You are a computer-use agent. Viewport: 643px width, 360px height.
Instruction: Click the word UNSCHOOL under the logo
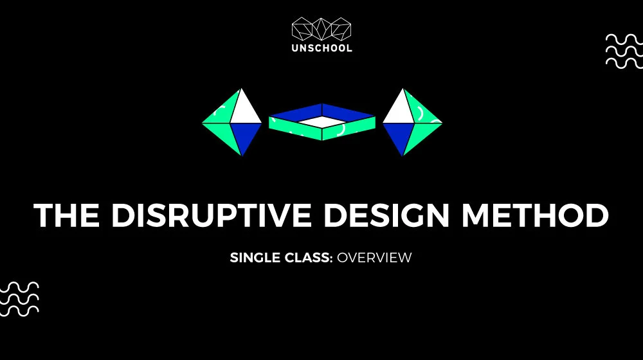click(322, 48)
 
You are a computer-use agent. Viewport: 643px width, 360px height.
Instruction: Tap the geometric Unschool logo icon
click(321, 29)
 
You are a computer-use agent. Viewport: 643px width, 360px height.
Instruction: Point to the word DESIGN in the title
click(386, 215)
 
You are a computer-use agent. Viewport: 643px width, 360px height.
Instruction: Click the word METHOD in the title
click(535, 215)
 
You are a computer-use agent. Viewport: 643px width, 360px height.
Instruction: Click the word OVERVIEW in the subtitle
click(374, 258)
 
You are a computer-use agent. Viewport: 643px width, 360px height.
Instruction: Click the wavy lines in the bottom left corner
click(19, 300)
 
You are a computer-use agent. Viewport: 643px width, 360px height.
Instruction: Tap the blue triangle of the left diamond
click(245, 135)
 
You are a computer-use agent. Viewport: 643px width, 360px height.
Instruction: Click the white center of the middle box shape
click(322, 122)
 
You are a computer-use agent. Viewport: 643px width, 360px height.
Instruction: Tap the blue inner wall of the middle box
click(322, 112)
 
